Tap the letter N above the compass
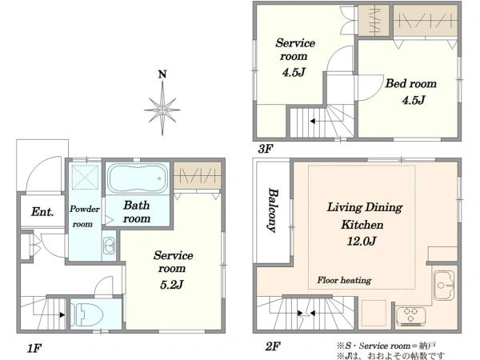pos(162,74)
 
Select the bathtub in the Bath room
pos(138,178)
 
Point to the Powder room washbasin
pos(109,246)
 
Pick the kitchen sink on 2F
pos(444,286)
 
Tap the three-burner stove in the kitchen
pos(411,317)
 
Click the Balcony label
pos(273,210)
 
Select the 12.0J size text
pos(362,242)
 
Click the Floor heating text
pos(344,280)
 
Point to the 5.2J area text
pos(172,285)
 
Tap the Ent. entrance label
pos(42,211)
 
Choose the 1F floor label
pos(34,348)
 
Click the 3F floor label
pos(265,149)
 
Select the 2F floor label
pos(273,346)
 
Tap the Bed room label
pos(411,83)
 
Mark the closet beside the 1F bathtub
pos(197,175)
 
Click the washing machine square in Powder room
pos(85,177)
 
